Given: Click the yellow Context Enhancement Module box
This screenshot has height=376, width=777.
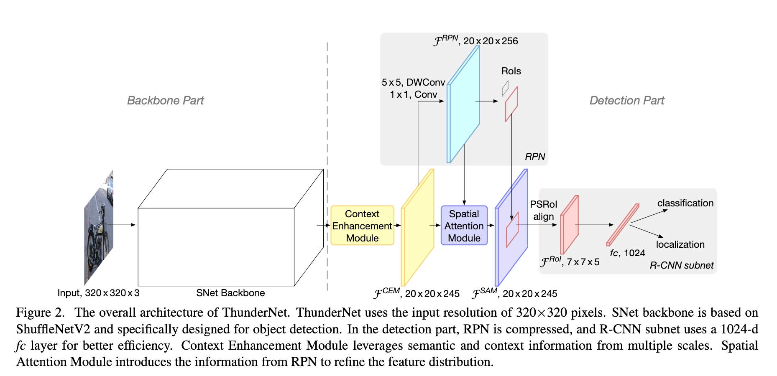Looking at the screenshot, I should [362, 226].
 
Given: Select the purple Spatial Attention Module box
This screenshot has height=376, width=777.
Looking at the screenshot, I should [464, 226].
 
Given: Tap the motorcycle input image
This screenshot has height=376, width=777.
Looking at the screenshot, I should [99, 228].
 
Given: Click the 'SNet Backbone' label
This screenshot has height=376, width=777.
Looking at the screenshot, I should [230, 293].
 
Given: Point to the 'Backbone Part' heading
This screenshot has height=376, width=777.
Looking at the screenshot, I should [165, 100].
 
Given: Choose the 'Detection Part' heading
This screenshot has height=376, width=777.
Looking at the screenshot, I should [626, 100].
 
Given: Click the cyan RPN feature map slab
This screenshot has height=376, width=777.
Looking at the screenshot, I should [463, 104].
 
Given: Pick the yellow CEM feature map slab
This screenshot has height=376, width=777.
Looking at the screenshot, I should [418, 228].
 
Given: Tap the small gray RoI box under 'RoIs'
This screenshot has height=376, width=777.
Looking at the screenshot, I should [505, 88].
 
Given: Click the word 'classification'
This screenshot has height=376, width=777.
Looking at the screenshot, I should [685, 203].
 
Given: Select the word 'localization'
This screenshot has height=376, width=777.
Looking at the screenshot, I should [680, 244].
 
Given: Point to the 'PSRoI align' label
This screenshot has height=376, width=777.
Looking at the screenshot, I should [543, 210].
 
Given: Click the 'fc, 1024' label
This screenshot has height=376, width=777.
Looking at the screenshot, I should [627, 253].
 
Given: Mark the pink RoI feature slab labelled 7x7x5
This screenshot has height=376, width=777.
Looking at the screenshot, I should [570, 225].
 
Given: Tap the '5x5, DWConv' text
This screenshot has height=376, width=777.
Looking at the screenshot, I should [413, 82].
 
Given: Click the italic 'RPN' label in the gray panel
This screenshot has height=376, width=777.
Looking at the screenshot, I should [535, 157].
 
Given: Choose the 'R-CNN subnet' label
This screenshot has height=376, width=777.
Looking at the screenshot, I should [682, 265].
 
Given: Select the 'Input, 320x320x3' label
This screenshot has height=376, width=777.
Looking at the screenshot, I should [98, 293].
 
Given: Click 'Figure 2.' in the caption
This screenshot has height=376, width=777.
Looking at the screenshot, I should [41, 312].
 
